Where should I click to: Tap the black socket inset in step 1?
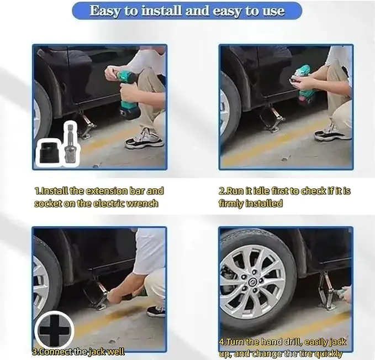pos(48,153)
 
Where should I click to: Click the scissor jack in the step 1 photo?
pos(87,126)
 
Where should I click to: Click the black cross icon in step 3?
pos(55,331)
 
